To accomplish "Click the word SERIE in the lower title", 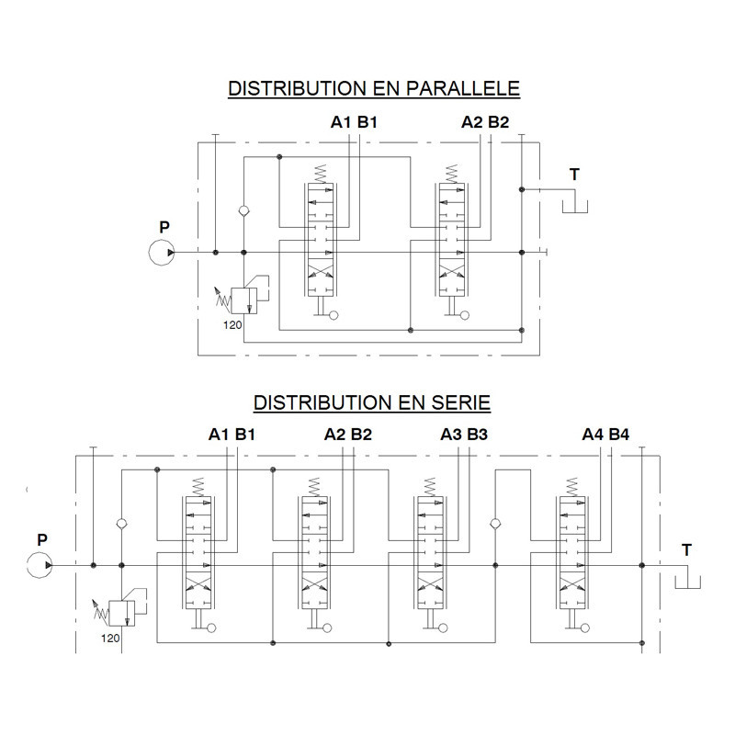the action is coord(461,402).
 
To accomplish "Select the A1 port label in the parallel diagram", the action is coord(341,122).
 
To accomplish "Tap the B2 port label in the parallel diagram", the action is coord(498,122).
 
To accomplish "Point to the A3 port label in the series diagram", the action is coord(451,435).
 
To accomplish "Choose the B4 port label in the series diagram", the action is coord(618,435).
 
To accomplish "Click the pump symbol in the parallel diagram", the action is coord(162,253).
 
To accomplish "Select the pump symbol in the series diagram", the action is coord(40,565).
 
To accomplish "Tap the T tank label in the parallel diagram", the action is coord(575,175).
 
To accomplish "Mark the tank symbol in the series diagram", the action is coord(687,582).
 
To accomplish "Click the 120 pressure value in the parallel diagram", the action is coord(232,325).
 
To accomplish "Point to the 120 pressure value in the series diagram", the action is coord(110,638).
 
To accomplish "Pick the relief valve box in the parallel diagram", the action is coord(243,300).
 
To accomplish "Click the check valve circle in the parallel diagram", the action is coord(243,210).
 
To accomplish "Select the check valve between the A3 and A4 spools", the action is coord(495,524).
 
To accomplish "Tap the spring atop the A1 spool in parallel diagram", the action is coord(320,174).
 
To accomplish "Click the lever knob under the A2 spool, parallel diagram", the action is coord(465,315).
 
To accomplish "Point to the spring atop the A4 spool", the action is coord(571,487).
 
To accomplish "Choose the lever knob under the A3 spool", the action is coord(443,628).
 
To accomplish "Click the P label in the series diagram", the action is coord(42,540).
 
